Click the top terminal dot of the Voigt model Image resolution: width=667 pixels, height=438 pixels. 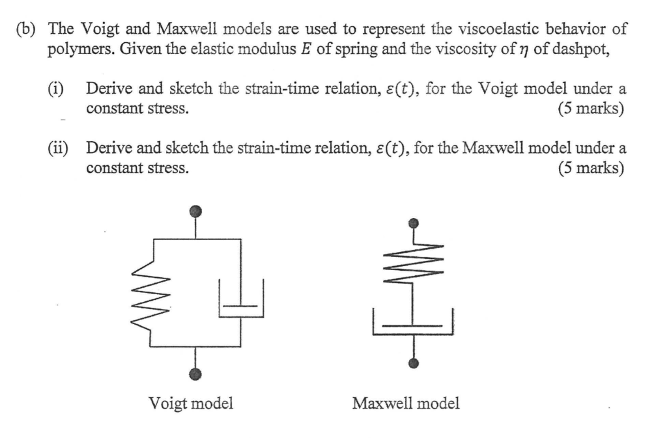(196, 212)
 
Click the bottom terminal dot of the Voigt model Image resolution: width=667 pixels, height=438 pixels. (196, 373)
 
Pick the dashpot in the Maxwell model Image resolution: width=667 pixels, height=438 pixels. (412, 323)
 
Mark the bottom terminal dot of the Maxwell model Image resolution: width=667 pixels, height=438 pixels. (412, 363)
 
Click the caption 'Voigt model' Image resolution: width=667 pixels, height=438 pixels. (191, 404)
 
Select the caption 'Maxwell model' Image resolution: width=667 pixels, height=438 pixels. (405, 404)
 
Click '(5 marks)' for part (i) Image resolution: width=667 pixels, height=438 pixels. (591, 109)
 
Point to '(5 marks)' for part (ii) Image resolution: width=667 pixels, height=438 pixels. (591, 169)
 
